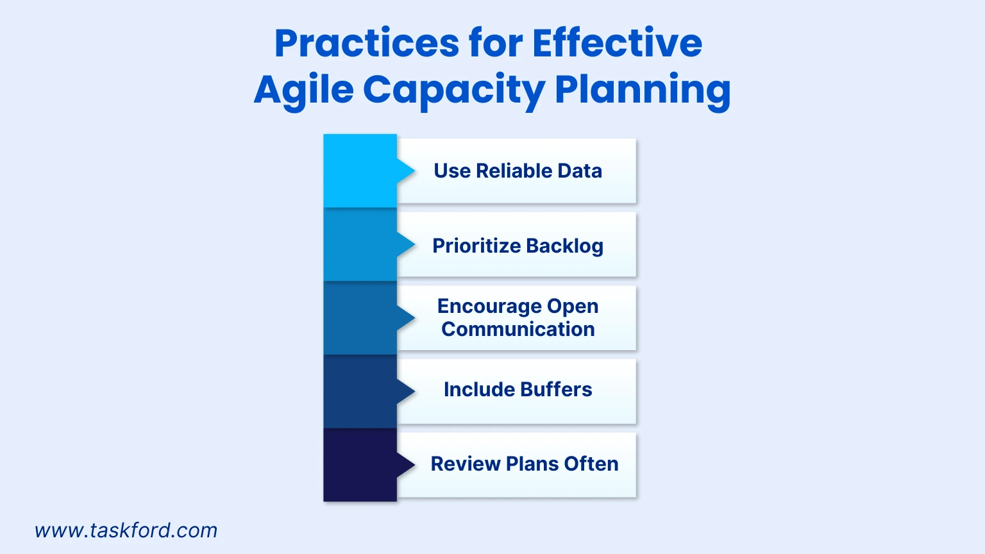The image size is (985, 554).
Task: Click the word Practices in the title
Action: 366,44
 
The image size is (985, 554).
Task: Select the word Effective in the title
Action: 617,44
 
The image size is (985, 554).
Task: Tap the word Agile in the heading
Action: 303,90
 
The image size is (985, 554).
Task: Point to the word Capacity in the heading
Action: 453,90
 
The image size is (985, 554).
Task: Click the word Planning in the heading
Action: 642,90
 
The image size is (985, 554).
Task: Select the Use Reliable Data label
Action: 518,171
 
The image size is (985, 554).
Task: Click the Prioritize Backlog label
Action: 518,246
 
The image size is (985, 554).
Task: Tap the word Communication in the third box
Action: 518,329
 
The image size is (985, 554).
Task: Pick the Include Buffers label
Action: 518,390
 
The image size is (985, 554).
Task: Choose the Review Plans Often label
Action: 524,464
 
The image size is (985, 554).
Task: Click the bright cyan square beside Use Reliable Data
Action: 360,171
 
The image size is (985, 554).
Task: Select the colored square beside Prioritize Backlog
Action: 360,245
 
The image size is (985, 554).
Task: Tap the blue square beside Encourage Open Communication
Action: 360,318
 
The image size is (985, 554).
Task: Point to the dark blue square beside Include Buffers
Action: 360,391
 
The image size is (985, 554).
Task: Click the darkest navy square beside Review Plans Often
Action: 360,465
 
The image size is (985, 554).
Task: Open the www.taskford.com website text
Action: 126,531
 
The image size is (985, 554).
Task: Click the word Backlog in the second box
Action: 564,246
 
